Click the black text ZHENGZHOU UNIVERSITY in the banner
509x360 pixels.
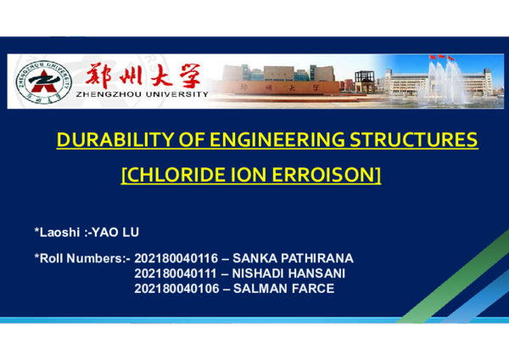(141, 96)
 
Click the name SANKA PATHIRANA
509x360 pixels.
(293, 257)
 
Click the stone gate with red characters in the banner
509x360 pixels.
(278, 87)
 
